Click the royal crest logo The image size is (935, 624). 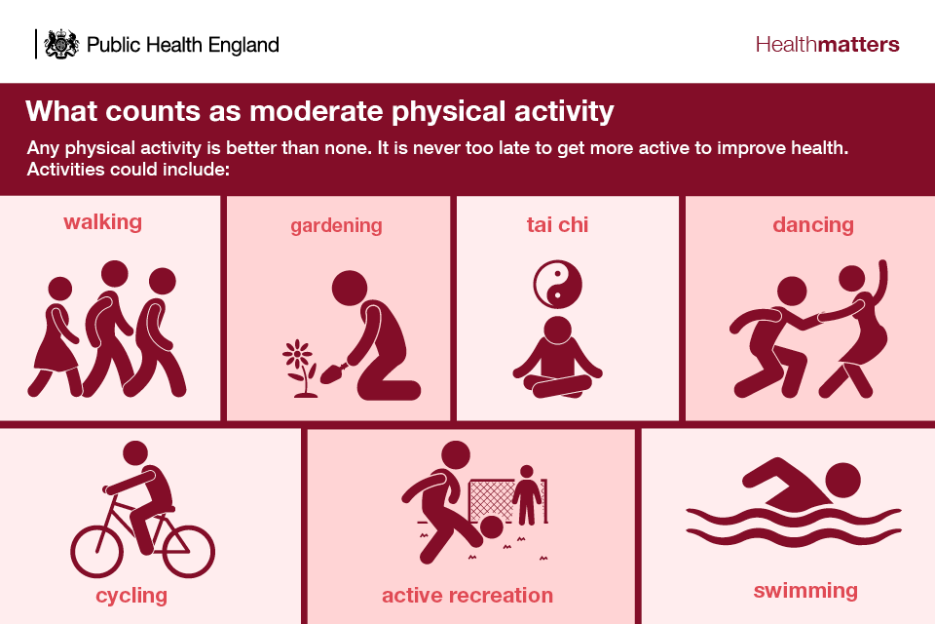point(61,44)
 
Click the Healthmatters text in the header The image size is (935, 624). point(827,44)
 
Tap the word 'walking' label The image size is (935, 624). point(102,222)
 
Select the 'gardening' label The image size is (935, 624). point(336,226)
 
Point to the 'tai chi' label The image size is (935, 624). point(557,224)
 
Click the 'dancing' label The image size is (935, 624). point(813,225)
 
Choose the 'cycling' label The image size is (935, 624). point(131,596)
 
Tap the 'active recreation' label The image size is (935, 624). point(467,596)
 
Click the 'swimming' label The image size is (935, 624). point(805,591)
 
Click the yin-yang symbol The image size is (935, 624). point(557,285)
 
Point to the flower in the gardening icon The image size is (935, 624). point(300,369)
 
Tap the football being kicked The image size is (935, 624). point(492,527)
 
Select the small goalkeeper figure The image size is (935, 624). point(527,495)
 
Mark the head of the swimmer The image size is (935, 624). point(842,480)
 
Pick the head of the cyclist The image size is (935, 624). point(135,453)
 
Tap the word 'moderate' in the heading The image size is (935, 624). point(318,112)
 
